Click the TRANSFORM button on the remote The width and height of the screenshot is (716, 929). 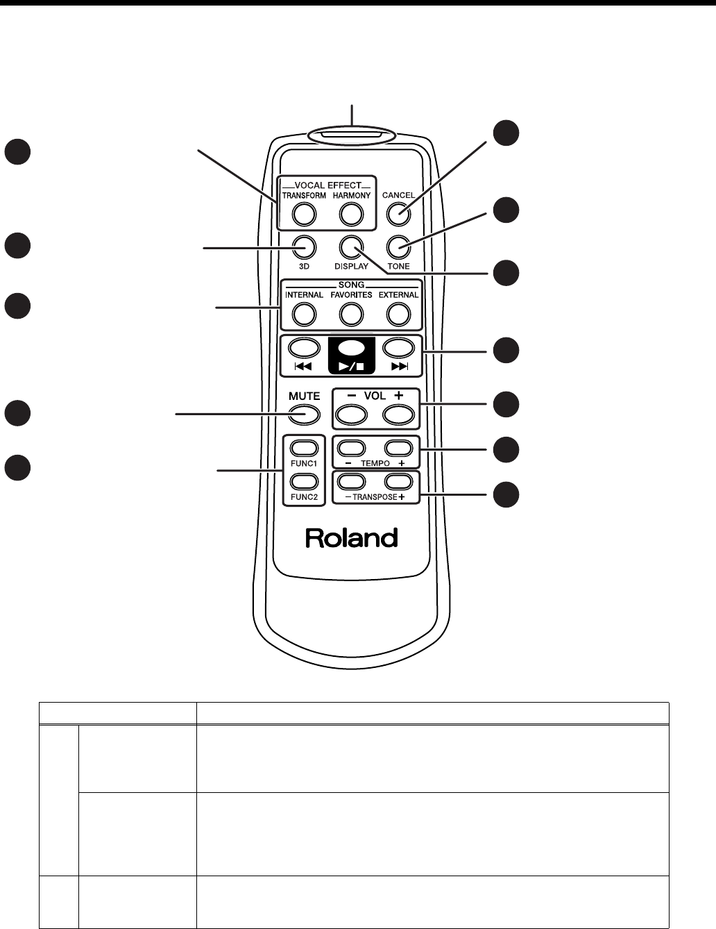pos(304,215)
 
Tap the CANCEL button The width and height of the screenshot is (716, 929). pos(398,215)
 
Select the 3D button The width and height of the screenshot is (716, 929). pos(304,246)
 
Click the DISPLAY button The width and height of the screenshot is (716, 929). pos(351,246)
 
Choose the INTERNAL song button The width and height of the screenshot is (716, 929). pos(304,315)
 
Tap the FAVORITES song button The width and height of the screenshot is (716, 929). pos(351,315)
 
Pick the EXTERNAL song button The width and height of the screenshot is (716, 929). pos(398,315)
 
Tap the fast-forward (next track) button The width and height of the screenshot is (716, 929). pos(398,347)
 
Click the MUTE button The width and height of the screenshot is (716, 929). pos(304,415)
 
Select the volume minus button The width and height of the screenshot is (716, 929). pos(351,415)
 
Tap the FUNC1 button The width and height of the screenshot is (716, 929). pos(304,448)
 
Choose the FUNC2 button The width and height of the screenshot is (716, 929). pos(304,481)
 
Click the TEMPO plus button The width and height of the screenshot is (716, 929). pos(399,448)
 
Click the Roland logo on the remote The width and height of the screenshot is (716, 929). pos(352,538)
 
